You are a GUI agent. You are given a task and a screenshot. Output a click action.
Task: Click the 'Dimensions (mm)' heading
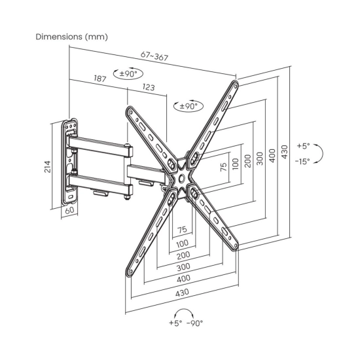click(71, 37)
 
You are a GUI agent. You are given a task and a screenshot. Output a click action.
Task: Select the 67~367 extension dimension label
click(154, 56)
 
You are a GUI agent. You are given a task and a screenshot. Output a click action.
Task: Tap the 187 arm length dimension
click(100, 79)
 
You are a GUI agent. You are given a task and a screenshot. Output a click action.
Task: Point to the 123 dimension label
click(149, 87)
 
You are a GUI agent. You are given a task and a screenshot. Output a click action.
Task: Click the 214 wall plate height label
click(48, 167)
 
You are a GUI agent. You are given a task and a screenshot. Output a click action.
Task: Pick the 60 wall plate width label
click(69, 210)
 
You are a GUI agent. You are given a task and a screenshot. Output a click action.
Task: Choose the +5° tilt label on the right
click(303, 146)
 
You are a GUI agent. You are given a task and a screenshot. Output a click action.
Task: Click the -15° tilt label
click(302, 162)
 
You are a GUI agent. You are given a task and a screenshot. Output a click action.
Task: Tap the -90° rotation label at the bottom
click(195, 323)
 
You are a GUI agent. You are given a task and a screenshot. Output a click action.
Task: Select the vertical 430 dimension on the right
click(285, 152)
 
